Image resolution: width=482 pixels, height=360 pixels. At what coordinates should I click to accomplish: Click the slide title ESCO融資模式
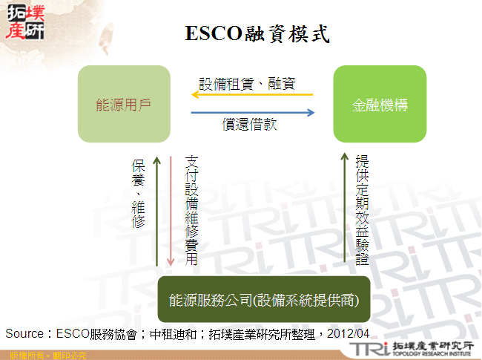tap(256, 33)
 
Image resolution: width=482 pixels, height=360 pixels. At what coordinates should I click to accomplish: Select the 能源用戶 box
tap(124, 105)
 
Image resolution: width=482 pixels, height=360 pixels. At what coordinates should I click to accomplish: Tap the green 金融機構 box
tap(380, 105)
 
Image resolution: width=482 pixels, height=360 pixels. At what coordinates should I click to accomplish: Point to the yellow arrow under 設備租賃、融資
tap(252, 95)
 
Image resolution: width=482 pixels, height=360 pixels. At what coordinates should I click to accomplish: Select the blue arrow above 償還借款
tap(252, 113)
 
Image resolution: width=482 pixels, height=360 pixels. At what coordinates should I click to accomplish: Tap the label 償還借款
tap(250, 125)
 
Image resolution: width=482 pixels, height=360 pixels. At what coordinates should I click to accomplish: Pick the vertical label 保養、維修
tap(139, 193)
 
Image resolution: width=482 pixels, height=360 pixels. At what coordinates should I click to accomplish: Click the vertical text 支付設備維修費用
tap(191, 211)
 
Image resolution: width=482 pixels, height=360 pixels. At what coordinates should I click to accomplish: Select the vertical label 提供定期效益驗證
tap(363, 211)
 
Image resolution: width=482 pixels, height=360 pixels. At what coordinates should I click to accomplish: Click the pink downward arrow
tap(171, 211)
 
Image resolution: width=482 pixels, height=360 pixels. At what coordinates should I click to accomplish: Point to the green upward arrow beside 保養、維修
tap(157, 211)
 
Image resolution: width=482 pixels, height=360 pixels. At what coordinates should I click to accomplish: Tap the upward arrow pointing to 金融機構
tap(344, 208)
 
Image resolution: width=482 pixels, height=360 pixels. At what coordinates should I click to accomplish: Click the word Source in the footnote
tap(24, 333)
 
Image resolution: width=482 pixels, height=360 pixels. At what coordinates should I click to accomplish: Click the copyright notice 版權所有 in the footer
tap(22, 356)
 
